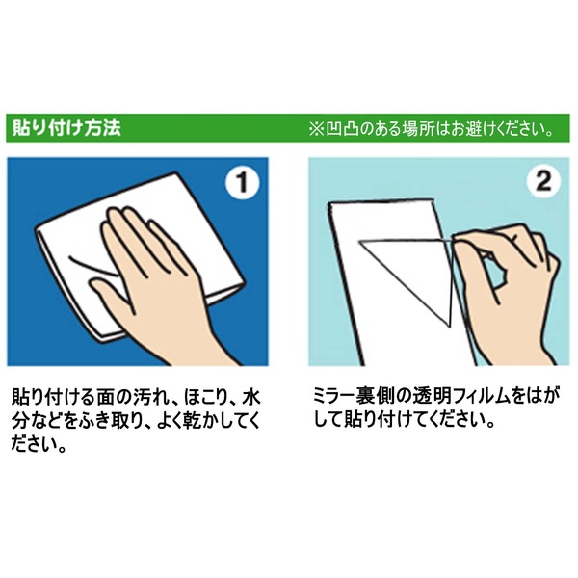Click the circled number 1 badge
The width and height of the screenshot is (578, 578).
click(242, 182)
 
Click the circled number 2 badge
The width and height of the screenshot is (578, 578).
click(543, 182)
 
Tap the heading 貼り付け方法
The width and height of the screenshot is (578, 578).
click(66, 128)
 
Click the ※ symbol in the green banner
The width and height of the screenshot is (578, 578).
click(316, 129)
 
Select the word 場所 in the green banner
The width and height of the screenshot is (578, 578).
click(418, 129)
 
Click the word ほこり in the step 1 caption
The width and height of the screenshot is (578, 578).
click(205, 398)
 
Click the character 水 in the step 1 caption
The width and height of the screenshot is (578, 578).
click(251, 398)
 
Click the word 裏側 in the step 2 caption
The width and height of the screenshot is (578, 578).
click(372, 397)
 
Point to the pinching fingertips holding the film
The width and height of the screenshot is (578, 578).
click(459, 240)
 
